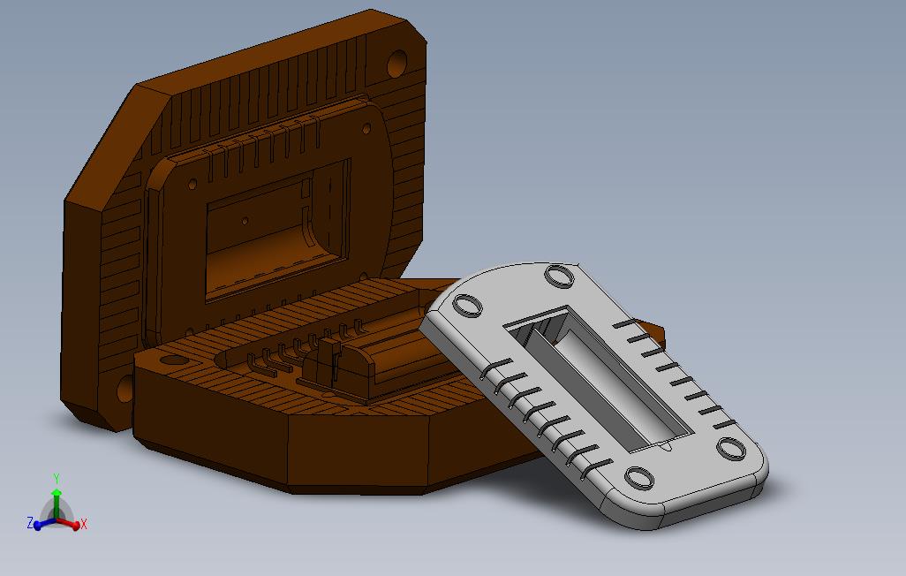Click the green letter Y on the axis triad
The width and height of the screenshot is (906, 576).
click(56, 478)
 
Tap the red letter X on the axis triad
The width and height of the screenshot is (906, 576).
click(83, 525)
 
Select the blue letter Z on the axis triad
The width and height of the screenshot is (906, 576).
click(30, 523)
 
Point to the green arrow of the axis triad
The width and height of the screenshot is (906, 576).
click(56, 504)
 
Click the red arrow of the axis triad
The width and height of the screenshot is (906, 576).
click(68, 523)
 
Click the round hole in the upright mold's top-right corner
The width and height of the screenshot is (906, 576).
click(397, 64)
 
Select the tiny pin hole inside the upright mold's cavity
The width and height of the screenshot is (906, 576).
click(245, 221)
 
